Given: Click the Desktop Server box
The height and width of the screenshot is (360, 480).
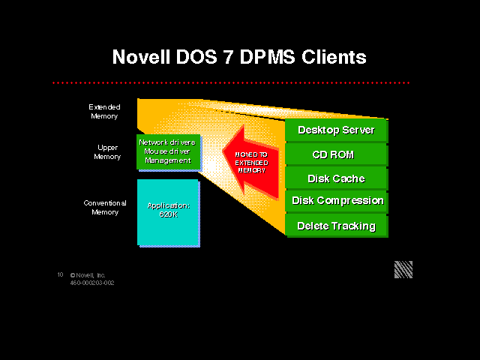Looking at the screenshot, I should pyautogui.click(x=336, y=130).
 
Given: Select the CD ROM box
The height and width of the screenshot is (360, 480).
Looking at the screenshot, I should pyautogui.click(x=336, y=154).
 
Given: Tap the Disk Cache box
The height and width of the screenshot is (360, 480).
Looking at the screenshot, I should pyautogui.click(x=336, y=178).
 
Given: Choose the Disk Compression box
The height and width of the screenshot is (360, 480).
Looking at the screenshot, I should pyautogui.click(x=337, y=201).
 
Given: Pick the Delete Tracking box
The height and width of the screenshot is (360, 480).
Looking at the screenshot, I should pyautogui.click(x=336, y=225).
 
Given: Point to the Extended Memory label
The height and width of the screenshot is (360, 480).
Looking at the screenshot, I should pyautogui.click(x=104, y=112).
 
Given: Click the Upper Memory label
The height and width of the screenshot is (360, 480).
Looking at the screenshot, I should pyautogui.click(x=107, y=152).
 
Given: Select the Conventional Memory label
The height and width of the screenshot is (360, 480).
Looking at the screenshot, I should pyautogui.click(x=104, y=207).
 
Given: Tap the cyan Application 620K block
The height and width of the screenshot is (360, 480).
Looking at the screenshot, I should pyautogui.click(x=168, y=211).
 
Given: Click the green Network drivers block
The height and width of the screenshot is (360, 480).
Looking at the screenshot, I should pyautogui.click(x=168, y=151).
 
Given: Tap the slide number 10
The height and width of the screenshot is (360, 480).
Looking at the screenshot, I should pyautogui.click(x=60, y=275).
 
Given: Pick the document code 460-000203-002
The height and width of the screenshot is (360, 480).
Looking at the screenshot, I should pyautogui.click(x=92, y=283).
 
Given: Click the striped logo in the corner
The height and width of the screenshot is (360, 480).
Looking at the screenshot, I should pyautogui.click(x=403, y=270).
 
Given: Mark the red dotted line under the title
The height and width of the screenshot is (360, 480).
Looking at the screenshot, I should pyautogui.click(x=232, y=82).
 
